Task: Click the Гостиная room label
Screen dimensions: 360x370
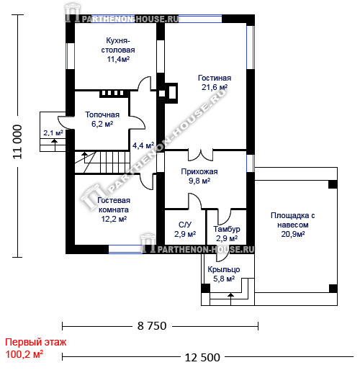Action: pos(215,78)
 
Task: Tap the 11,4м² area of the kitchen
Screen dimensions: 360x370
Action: pos(118,59)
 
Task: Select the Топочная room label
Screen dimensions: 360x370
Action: pos(102,114)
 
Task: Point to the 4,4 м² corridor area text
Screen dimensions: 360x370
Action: pos(143,145)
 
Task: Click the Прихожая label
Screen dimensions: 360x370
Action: pos(199,171)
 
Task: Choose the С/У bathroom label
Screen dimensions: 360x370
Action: pos(185,225)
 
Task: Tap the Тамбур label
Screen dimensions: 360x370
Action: pos(227,229)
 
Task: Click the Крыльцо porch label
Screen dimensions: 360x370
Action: pos(224,269)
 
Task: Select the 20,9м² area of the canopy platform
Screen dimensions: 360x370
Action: pos(293,234)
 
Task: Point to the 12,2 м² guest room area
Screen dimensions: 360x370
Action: pos(114,219)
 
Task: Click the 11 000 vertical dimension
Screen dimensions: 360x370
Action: pos(17,142)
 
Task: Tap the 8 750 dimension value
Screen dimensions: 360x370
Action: pos(152,326)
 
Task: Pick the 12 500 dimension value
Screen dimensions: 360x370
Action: pos(202,358)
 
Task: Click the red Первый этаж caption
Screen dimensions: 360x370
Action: pos(36,342)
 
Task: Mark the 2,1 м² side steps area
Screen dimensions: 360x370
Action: pos(53,132)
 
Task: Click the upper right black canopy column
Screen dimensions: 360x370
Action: pos(333,184)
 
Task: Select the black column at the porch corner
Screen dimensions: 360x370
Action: pos(205,288)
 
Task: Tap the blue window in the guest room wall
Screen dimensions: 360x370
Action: pos(125,249)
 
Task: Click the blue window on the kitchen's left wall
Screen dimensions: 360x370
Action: pos(70,56)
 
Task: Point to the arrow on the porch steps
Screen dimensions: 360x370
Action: pos(230,299)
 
